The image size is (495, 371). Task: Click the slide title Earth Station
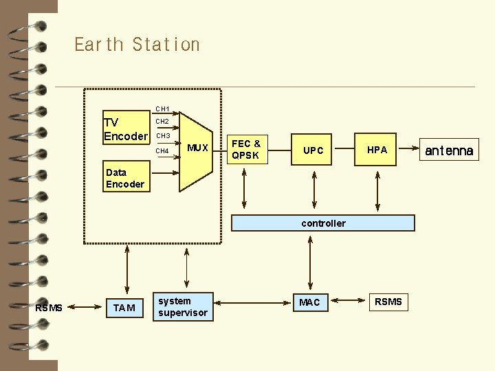click(x=137, y=45)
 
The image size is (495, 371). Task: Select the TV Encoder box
click(x=125, y=129)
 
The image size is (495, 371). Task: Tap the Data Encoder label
click(x=125, y=179)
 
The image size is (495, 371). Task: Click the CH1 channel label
click(x=162, y=109)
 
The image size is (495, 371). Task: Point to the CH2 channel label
click(x=162, y=122)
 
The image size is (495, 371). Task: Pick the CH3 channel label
click(x=162, y=136)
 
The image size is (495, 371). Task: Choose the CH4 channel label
click(x=162, y=150)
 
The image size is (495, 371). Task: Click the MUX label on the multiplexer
click(x=197, y=148)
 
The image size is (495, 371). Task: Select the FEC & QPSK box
click(x=245, y=150)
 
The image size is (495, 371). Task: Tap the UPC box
click(x=313, y=150)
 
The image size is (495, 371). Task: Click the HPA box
click(x=377, y=150)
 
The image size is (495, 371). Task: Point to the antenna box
click(x=449, y=150)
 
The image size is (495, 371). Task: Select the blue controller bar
click(x=323, y=223)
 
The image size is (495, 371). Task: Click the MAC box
click(x=309, y=302)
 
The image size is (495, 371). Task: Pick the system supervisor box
click(x=182, y=306)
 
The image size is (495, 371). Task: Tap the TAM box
click(x=124, y=308)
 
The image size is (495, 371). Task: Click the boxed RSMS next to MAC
click(x=388, y=302)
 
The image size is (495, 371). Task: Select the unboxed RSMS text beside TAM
click(x=49, y=308)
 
